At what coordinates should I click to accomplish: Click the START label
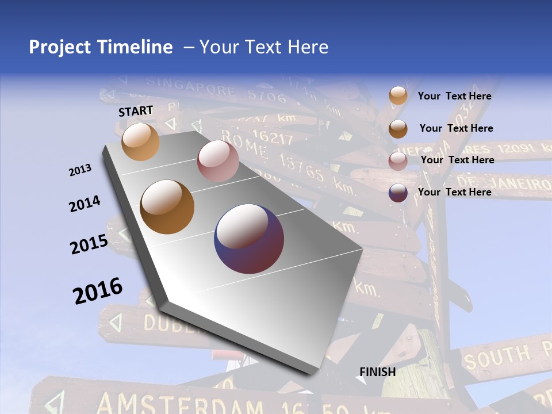pyautogui.click(x=136, y=111)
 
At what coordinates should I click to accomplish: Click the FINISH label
pyautogui.click(x=378, y=371)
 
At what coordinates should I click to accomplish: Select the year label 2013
pyautogui.click(x=80, y=170)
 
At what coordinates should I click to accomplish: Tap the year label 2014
pyautogui.click(x=85, y=204)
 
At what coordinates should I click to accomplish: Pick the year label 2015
pyautogui.click(x=89, y=244)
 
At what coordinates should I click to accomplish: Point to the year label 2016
pyautogui.click(x=98, y=291)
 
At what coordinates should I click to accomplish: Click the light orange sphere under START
pyautogui.click(x=140, y=141)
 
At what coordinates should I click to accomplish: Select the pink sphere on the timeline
pyautogui.click(x=218, y=161)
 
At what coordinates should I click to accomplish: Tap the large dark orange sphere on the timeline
pyautogui.click(x=167, y=206)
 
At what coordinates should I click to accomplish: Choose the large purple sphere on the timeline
pyautogui.click(x=249, y=238)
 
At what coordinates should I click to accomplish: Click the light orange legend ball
pyautogui.click(x=398, y=95)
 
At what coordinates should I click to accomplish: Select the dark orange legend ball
pyautogui.click(x=398, y=129)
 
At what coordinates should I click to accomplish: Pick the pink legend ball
pyautogui.click(x=398, y=161)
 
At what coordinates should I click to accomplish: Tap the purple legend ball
pyautogui.click(x=398, y=193)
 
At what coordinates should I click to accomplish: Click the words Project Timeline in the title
pyautogui.click(x=101, y=47)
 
